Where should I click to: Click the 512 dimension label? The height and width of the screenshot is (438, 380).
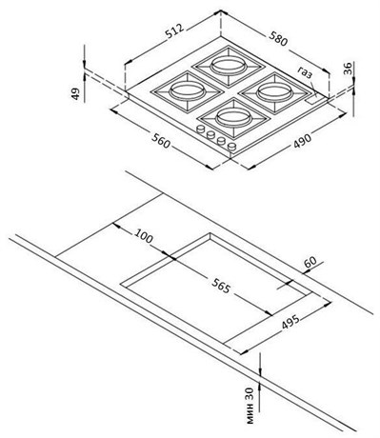click(x=174, y=31)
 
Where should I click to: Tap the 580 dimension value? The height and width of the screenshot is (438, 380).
click(x=278, y=38)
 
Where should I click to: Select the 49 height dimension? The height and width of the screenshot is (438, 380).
click(x=75, y=93)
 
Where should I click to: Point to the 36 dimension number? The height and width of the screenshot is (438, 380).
click(x=349, y=69)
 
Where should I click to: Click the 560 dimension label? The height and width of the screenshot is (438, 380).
click(x=161, y=141)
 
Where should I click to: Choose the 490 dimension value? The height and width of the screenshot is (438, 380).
click(x=302, y=140)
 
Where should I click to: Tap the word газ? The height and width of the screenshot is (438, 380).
click(x=305, y=72)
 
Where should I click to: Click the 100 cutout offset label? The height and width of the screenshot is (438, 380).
click(x=144, y=235)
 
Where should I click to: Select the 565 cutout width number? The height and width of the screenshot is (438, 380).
click(x=221, y=286)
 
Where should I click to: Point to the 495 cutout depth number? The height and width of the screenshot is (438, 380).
click(x=290, y=323)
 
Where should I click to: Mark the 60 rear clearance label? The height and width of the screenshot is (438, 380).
click(x=310, y=262)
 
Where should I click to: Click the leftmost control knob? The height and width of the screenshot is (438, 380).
click(x=201, y=129)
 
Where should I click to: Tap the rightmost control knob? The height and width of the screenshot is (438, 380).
click(x=232, y=147)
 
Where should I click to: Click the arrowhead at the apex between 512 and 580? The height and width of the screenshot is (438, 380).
click(x=221, y=11)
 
